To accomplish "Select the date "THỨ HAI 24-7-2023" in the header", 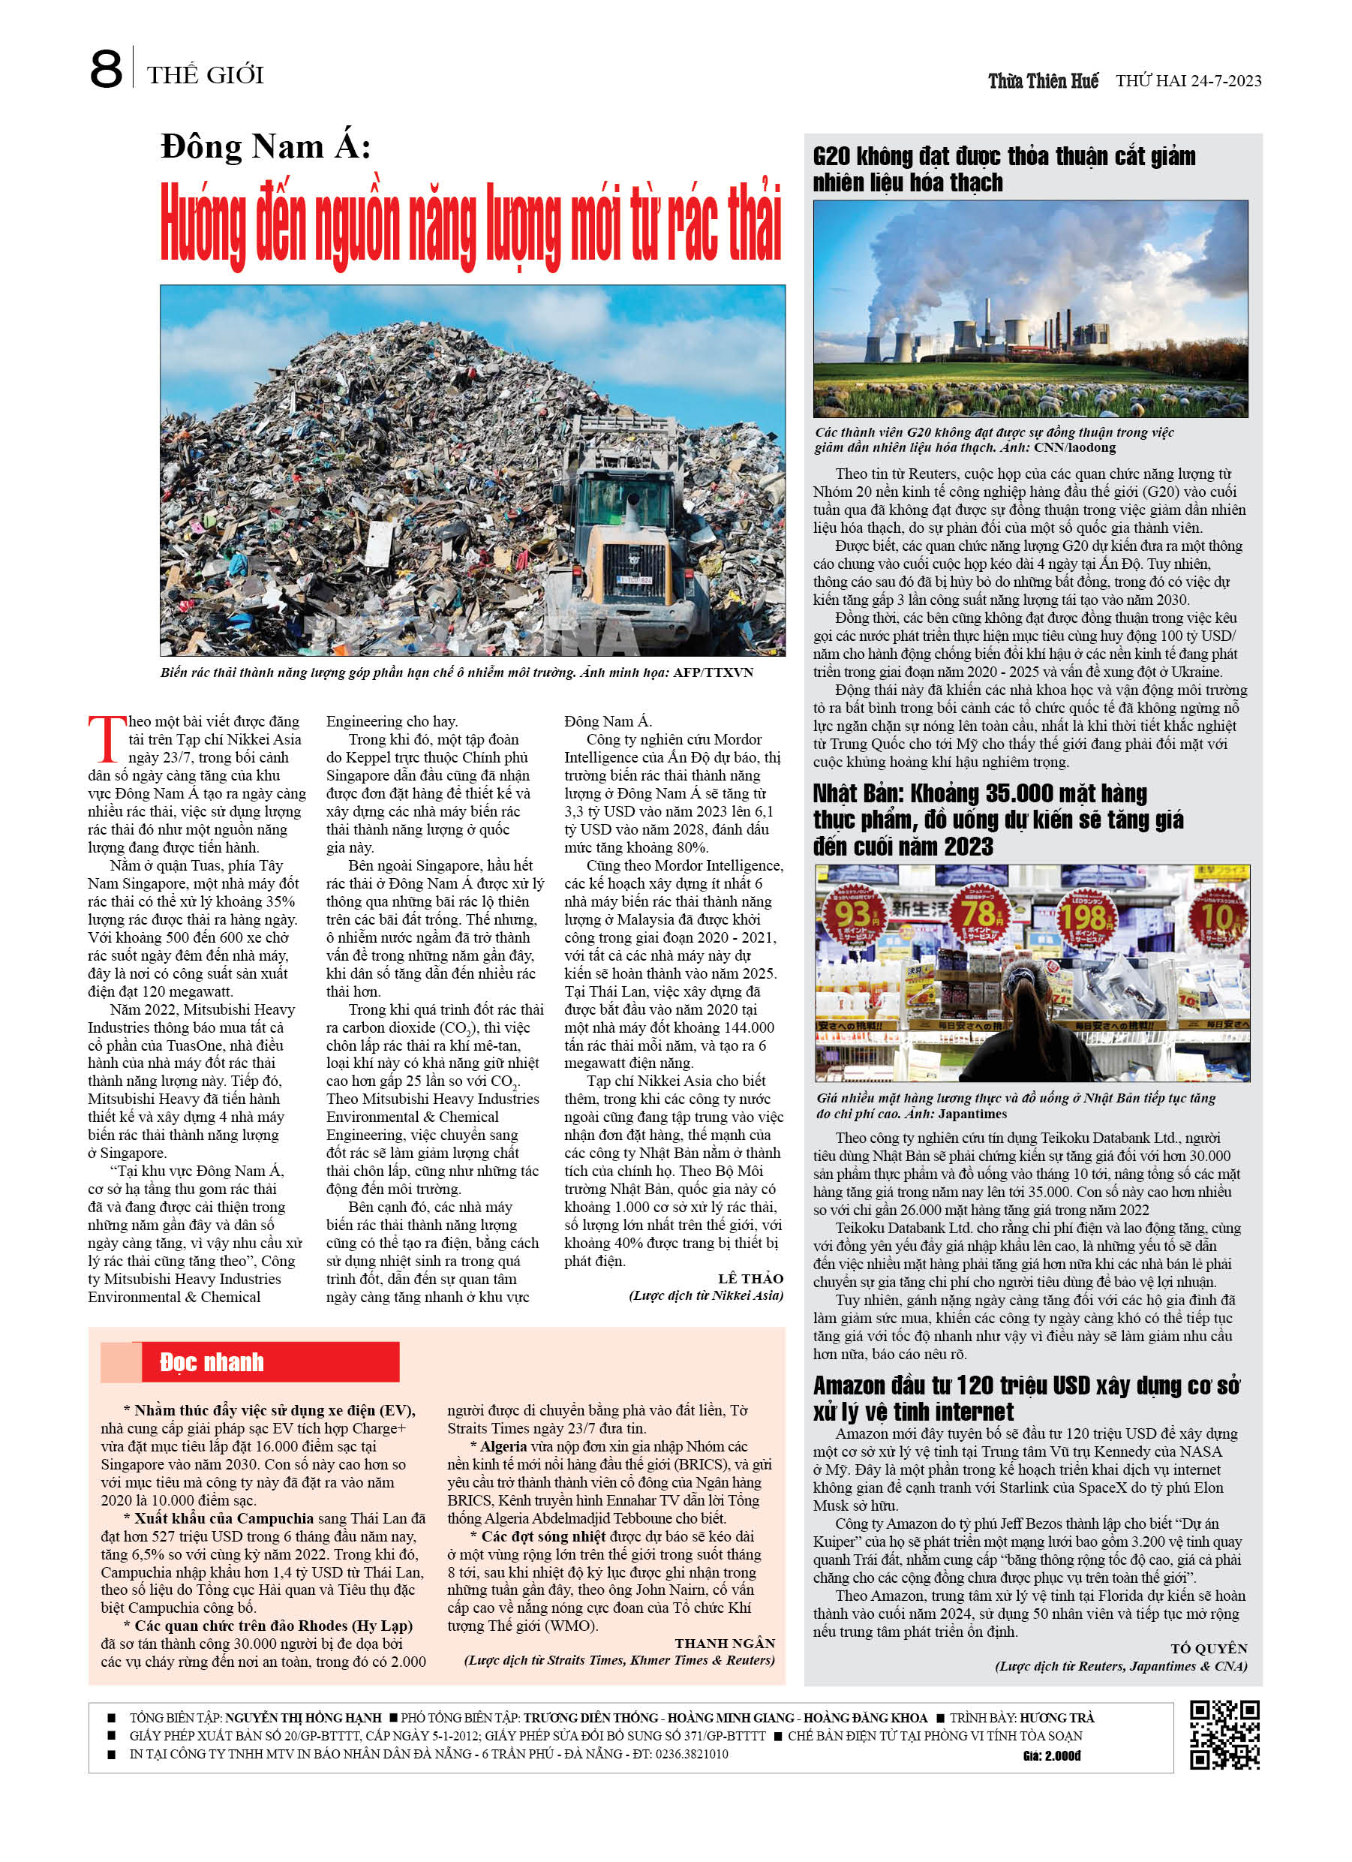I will [1188, 81].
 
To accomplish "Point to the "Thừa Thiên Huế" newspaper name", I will [1043, 81].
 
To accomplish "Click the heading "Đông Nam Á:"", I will [266, 147].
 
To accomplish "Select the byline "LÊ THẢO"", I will [750, 1278].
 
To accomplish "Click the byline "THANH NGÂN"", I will [725, 1643].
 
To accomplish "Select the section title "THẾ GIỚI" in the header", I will [206, 77].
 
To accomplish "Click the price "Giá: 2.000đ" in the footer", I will [1052, 1756].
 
